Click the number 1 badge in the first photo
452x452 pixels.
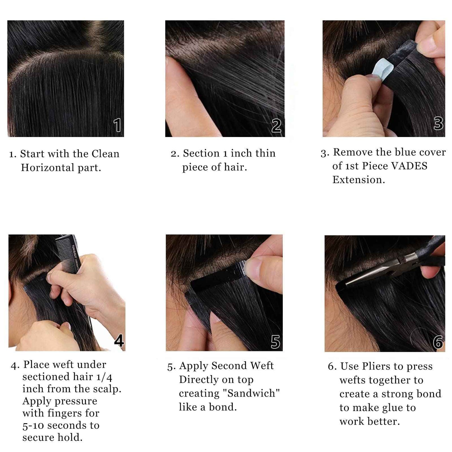pyautogui.click(x=117, y=125)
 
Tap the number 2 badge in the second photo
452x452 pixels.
pyautogui.click(x=276, y=126)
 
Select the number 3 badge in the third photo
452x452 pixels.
pyautogui.click(x=438, y=123)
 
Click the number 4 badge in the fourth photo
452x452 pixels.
pyautogui.click(x=119, y=341)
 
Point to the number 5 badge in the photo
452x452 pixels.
pyautogui.click(x=275, y=342)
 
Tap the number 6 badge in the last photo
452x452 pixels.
pyautogui.click(x=438, y=342)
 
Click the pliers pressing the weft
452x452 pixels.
pyautogui.click(x=391, y=269)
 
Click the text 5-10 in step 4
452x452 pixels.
pyautogui.click(x=33, y=426)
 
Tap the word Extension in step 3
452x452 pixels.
pyautogui.click(x=358, y=180)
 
